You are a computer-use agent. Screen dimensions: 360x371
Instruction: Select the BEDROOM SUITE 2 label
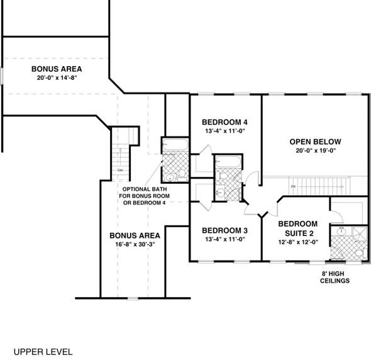(298, 228)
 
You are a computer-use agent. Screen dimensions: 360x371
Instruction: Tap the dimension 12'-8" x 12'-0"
(298, 242)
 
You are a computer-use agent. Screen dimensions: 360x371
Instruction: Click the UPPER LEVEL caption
(43, 351)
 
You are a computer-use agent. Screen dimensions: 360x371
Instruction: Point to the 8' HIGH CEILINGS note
(334, 278)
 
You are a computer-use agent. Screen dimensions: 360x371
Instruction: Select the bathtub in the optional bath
(174, 145)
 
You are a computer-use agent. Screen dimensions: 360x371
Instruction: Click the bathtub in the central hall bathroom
(226, 162)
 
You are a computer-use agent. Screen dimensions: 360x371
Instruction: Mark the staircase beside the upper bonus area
(121, 157)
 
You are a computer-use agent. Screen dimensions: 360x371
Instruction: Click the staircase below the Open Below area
(314, 186)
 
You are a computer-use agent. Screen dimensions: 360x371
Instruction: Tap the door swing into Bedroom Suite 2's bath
(336, 214)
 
